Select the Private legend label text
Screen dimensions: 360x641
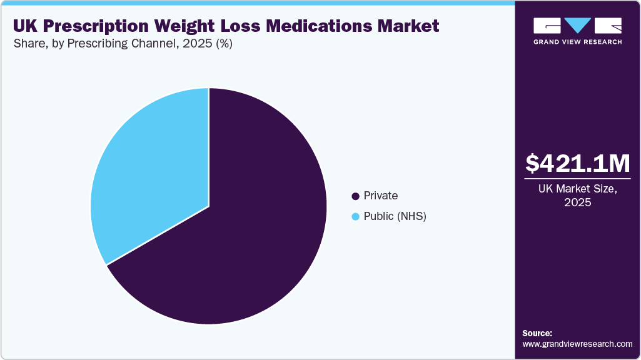(381, 196)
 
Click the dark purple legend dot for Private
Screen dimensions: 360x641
(356, 196)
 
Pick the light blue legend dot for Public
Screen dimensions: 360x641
(356, 217)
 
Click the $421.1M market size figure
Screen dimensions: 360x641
(577, 163)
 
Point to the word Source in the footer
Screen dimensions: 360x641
(537, 333)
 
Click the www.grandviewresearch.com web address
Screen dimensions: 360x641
(577, 344)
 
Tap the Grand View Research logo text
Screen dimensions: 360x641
(577, 42)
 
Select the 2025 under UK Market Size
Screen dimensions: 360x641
(577, 203)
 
